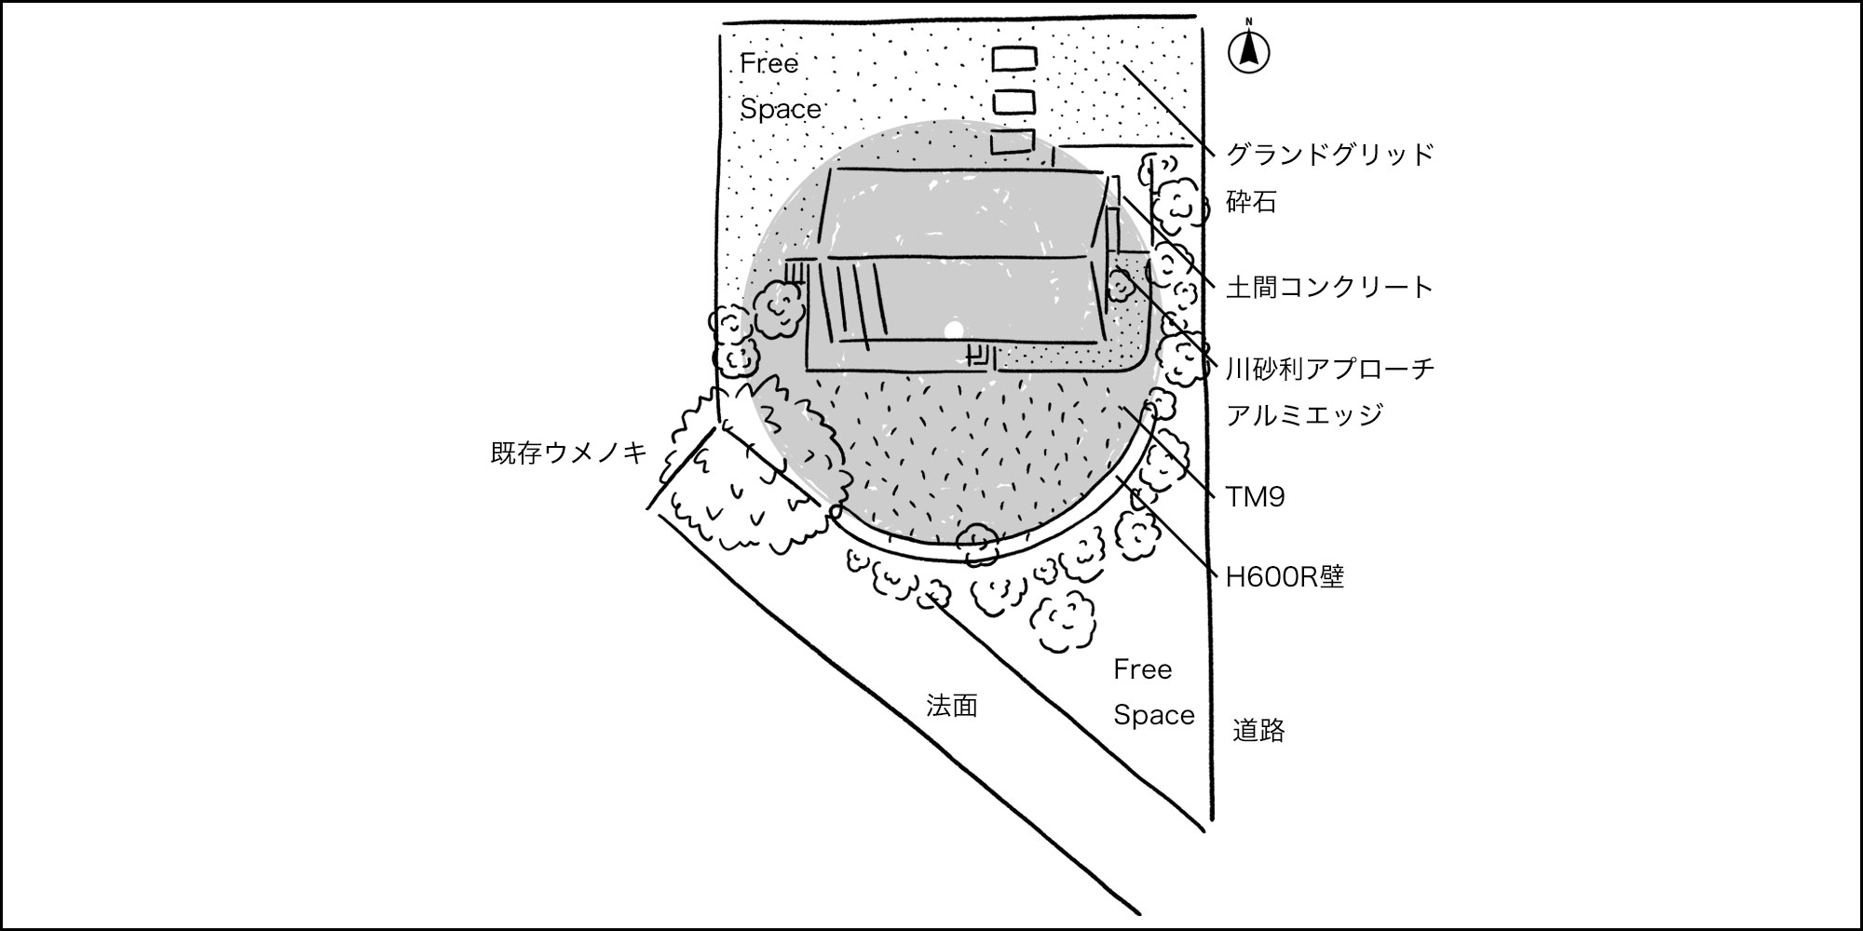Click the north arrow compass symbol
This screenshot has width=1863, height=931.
pyautogui.click(x=1249, y=51)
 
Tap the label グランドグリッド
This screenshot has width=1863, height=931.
pyautogui.click(x=1329, y=155)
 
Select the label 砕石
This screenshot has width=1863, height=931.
pyautogui.click(x=1251, y=202)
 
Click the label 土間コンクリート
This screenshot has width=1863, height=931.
pyautogui.click(x=1329, y=288)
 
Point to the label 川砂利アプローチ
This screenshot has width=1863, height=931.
pyautogui.click(x=1329, y=370)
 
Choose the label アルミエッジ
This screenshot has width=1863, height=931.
pyautogui.click(x=1304, y=415)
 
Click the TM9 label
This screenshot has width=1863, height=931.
pyautogui.click(x=1255, y=497)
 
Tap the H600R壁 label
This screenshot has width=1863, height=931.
pyautogui.click(x=1284, y=578)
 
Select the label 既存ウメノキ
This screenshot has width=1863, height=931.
pyautogui.click(x=568, y=453)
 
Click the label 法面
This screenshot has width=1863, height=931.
pyautogui.click(x=951, y=706)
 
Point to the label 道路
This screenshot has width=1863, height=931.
pyautogui.click(x=1258, y=731)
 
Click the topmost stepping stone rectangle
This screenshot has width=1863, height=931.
pyautogui.click(x=1013, y=59)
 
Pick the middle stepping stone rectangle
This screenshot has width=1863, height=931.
pyautogui.click(x=1013, y=101)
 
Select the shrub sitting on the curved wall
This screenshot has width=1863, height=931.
pyautogui.click(x=978, y=545)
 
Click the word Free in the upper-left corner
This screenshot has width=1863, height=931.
pyautogui.click(x=769, y=64)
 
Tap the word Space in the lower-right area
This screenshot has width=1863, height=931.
pyautogui.click(x=1153, y=715)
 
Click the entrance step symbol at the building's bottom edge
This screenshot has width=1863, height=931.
pyautogui.click(x=979, y=357)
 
